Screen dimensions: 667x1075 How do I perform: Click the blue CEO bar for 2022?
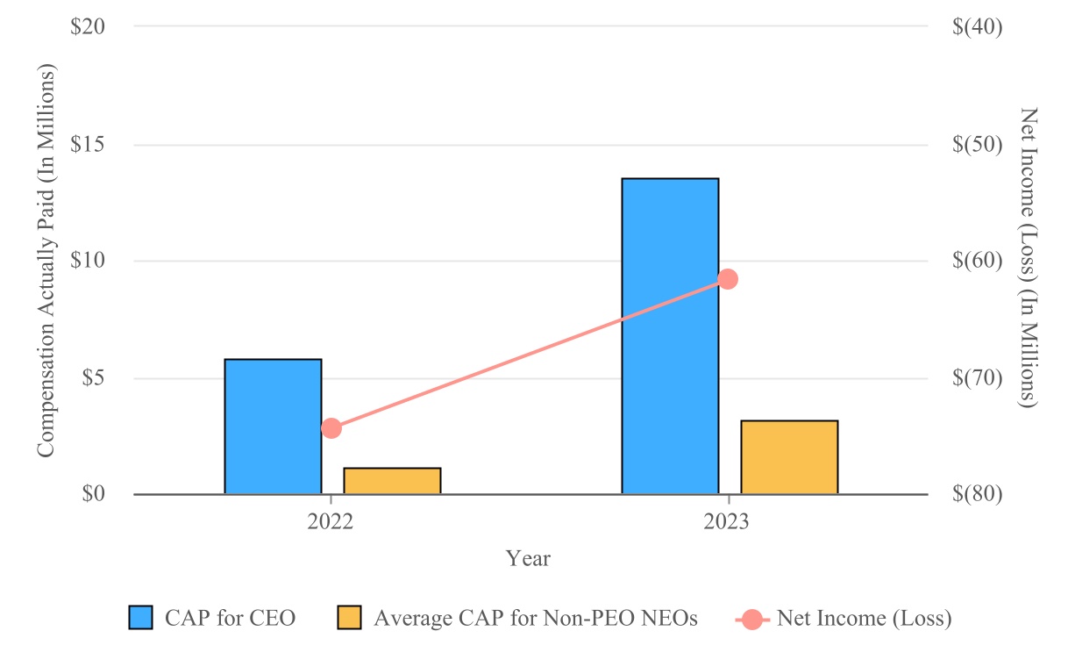pos(273,427)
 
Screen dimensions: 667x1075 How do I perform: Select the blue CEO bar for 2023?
pos(670,336)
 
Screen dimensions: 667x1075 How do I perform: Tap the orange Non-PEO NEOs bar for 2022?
pos(392,481)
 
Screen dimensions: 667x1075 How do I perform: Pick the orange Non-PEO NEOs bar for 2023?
pos(789,457)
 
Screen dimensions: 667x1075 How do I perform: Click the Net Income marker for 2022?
pos(331,428)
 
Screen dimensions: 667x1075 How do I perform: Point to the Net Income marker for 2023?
pos(728,279)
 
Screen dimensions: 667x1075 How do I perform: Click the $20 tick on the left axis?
pos(88,26)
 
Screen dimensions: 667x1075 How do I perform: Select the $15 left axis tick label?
pos(88,144)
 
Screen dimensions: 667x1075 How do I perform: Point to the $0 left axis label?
pos(94,494)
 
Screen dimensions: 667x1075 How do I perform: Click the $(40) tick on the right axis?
pos(977,26)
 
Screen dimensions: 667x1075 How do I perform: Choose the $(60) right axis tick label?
pos(977,261)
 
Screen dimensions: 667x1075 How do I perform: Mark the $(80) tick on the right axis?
pos(977,494)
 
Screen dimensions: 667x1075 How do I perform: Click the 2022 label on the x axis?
pos(330,522)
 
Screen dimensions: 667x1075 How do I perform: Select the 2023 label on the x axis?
pos(727,522)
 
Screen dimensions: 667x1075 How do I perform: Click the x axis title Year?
pos(528,558)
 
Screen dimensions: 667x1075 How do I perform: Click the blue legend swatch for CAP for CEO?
pos(141,618)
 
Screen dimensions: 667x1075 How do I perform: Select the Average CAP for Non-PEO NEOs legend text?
pos(535,618)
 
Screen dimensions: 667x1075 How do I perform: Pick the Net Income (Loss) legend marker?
pos(752,618)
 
